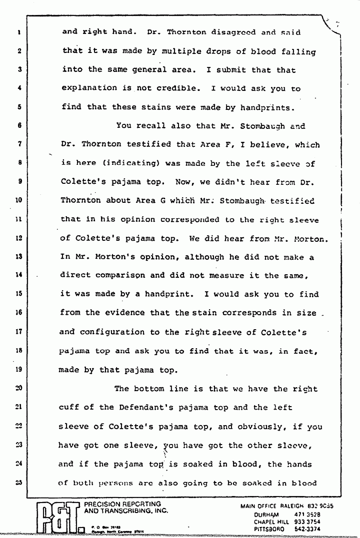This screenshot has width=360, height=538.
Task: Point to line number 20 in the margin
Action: coord(17,388)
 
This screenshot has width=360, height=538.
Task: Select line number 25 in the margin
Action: coord(17,483)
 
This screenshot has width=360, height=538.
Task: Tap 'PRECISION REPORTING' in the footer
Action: coord(123,505)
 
